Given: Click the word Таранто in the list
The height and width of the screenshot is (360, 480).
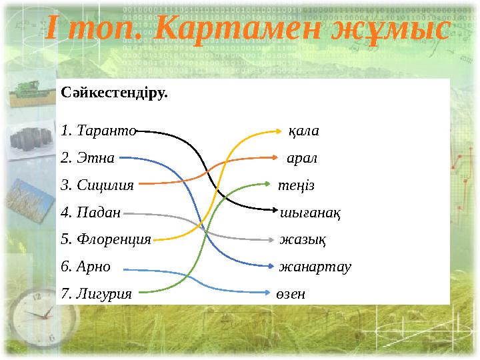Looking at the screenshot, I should click(107, 131).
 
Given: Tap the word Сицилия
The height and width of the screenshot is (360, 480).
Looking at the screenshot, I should click(105, 185).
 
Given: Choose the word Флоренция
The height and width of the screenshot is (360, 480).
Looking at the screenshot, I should click(114, 239).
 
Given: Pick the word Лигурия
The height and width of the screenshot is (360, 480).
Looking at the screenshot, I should click(104, 293).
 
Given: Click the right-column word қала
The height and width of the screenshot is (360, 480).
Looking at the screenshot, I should click(303, 131).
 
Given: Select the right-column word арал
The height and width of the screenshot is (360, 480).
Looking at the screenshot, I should click(301, 159).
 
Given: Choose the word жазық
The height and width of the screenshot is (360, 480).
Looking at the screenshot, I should click(298, 239).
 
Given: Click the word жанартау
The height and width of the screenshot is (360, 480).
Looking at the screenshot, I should click(315, 266).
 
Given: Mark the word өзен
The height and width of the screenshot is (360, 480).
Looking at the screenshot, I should click(291, 293).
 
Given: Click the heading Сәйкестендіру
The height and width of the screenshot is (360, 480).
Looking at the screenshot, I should click(114, 93).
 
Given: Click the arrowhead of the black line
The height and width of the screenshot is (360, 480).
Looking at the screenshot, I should click(276, 210).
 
